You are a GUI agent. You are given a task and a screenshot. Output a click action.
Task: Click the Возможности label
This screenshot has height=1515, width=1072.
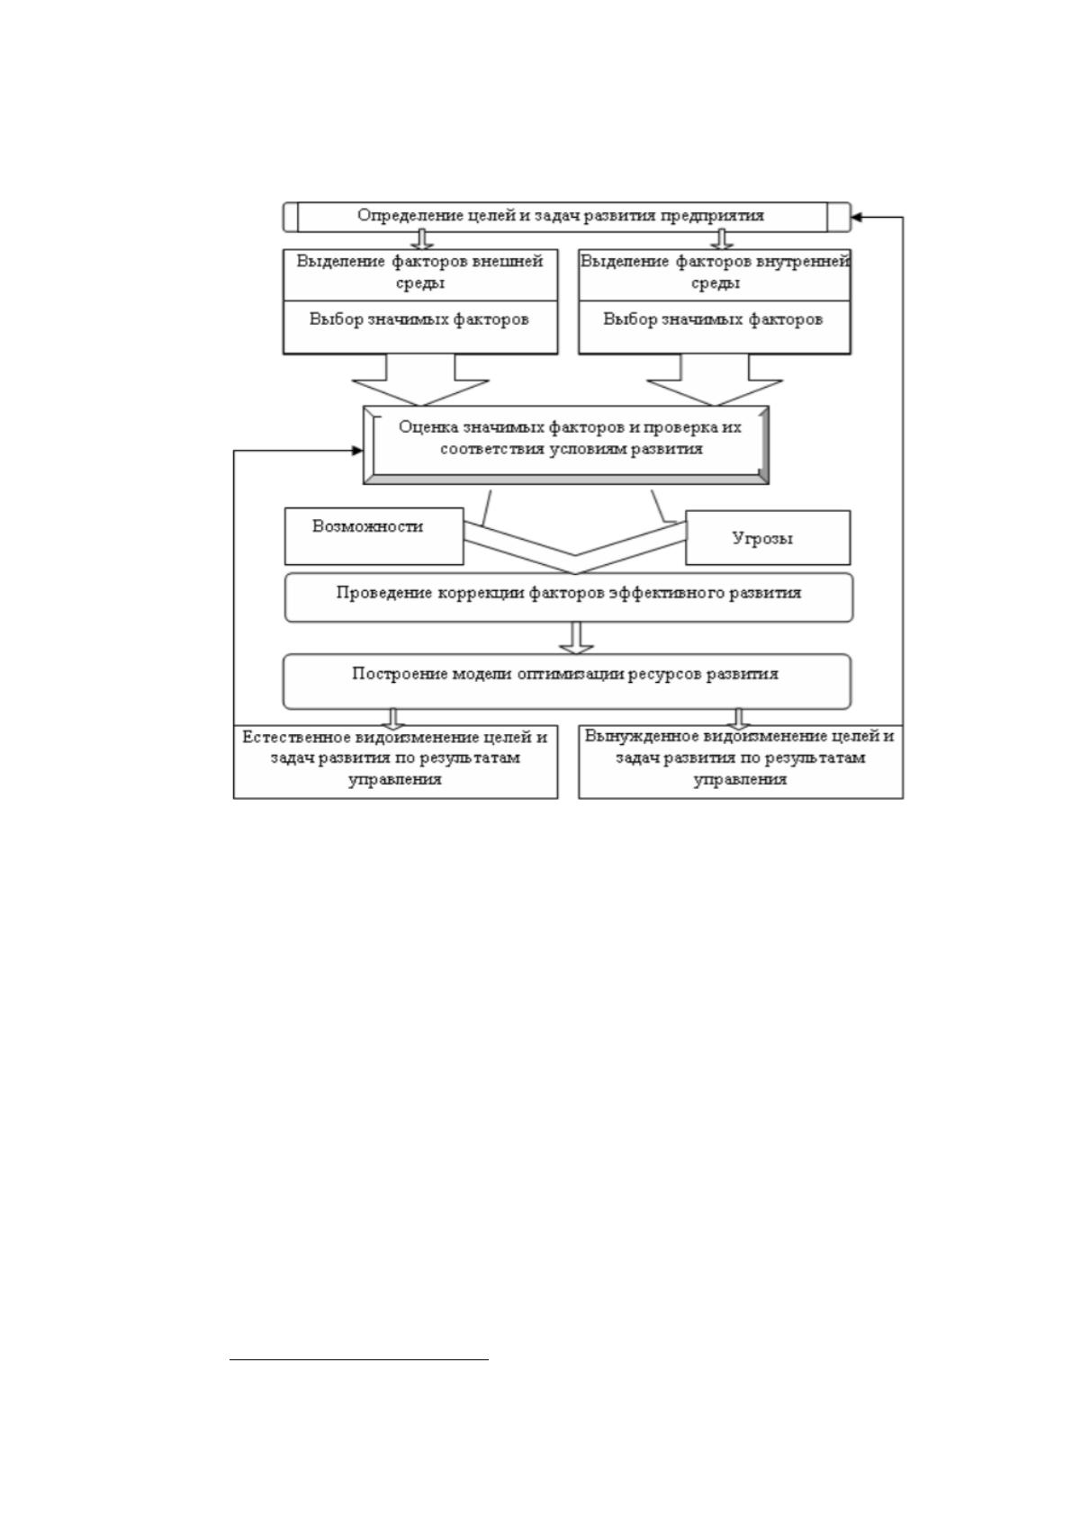[367, 526]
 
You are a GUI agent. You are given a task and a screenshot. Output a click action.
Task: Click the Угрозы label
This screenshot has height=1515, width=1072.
[762, 538]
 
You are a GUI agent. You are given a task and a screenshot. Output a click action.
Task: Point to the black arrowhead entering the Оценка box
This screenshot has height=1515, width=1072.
[357, 451]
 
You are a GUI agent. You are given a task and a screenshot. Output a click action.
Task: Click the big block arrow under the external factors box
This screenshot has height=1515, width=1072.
[420, 380]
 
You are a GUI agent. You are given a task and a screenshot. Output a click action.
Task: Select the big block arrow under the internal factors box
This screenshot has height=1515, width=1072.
[715, 380]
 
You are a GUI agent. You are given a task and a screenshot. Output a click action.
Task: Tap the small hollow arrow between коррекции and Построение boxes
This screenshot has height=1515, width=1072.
[576, 638]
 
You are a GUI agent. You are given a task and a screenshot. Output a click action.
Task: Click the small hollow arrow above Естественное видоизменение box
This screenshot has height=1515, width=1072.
[393, 718]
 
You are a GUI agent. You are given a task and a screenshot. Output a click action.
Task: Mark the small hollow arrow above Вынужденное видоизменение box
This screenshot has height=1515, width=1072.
[738, 718]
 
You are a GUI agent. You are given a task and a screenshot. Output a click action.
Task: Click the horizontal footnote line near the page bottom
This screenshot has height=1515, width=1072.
[359, 1358]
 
